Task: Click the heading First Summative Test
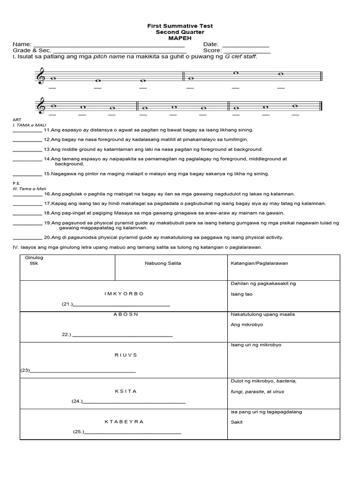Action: [x=180, y=26]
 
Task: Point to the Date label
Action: [x=211, y=45]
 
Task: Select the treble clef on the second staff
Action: [x=41, y=106]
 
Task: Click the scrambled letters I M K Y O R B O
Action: [x=124, y=293]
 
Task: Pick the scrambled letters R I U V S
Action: [x=126, y=355]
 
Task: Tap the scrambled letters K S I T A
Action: [x=126, y=391]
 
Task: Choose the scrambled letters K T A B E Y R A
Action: [x=124, y=421]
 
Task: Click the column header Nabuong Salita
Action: [x=163, y=263]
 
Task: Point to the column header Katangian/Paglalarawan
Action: [x=260, y=263]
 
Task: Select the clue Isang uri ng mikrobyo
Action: [x=256, y=345]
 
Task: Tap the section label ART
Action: [x=16, y=120]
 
